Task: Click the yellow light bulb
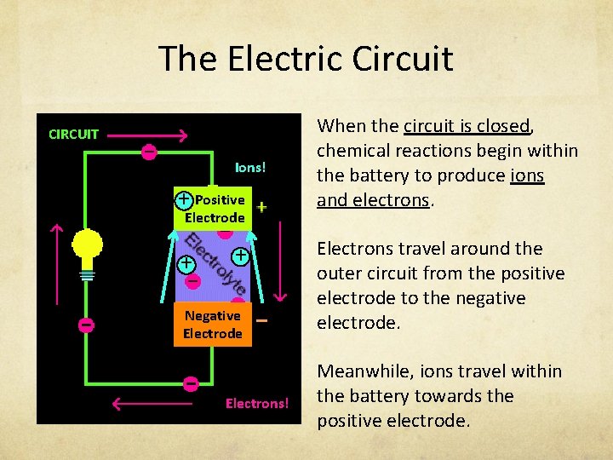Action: [x=87, y=248]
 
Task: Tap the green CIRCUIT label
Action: [x=73, y=134]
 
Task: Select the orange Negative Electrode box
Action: [x=213, y=325]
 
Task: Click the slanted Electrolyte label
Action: [x=216, y=263]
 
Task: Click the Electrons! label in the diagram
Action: [x=257, y=403]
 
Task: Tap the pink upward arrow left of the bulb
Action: [x=56, y=264]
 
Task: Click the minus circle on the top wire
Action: [x=148, y=152]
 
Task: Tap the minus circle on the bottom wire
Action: [x=191, y=383]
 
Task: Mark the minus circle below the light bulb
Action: [x=86, y=325]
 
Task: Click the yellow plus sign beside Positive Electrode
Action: [x=261, y=207]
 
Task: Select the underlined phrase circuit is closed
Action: [x=467, y=126]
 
